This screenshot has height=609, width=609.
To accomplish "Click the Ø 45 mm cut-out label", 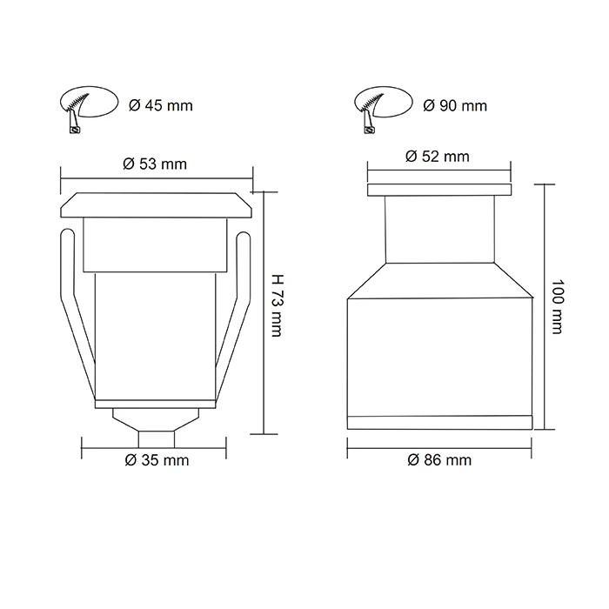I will tap(160, 106).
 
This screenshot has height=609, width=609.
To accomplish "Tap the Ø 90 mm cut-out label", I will tap(455, 106).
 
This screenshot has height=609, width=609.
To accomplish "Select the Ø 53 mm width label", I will tap(156, 163).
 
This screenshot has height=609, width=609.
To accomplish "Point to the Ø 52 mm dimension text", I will tap(438, 157).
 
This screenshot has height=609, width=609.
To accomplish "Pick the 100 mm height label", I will tap(558, 308).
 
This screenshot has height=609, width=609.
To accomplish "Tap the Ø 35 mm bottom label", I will tap(157, 459).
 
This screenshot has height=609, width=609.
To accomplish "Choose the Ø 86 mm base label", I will tap(439, 459).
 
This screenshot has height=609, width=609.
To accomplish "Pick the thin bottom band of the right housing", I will tap(439, 423).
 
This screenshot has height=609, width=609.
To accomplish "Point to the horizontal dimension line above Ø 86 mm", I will tap(439, 445).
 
